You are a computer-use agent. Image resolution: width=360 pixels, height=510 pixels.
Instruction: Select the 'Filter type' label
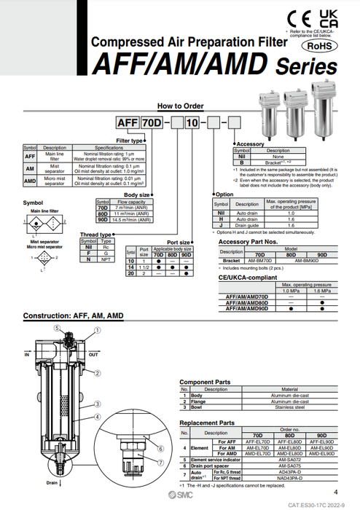[x=130, y=140]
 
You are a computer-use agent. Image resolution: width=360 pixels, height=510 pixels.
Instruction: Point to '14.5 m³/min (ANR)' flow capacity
[x=130, y=219]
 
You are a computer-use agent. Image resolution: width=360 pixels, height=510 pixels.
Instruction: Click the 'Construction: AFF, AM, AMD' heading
[x=73, y=316]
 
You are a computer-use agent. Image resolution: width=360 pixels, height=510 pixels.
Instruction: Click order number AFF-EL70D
[x=257, y=442]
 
